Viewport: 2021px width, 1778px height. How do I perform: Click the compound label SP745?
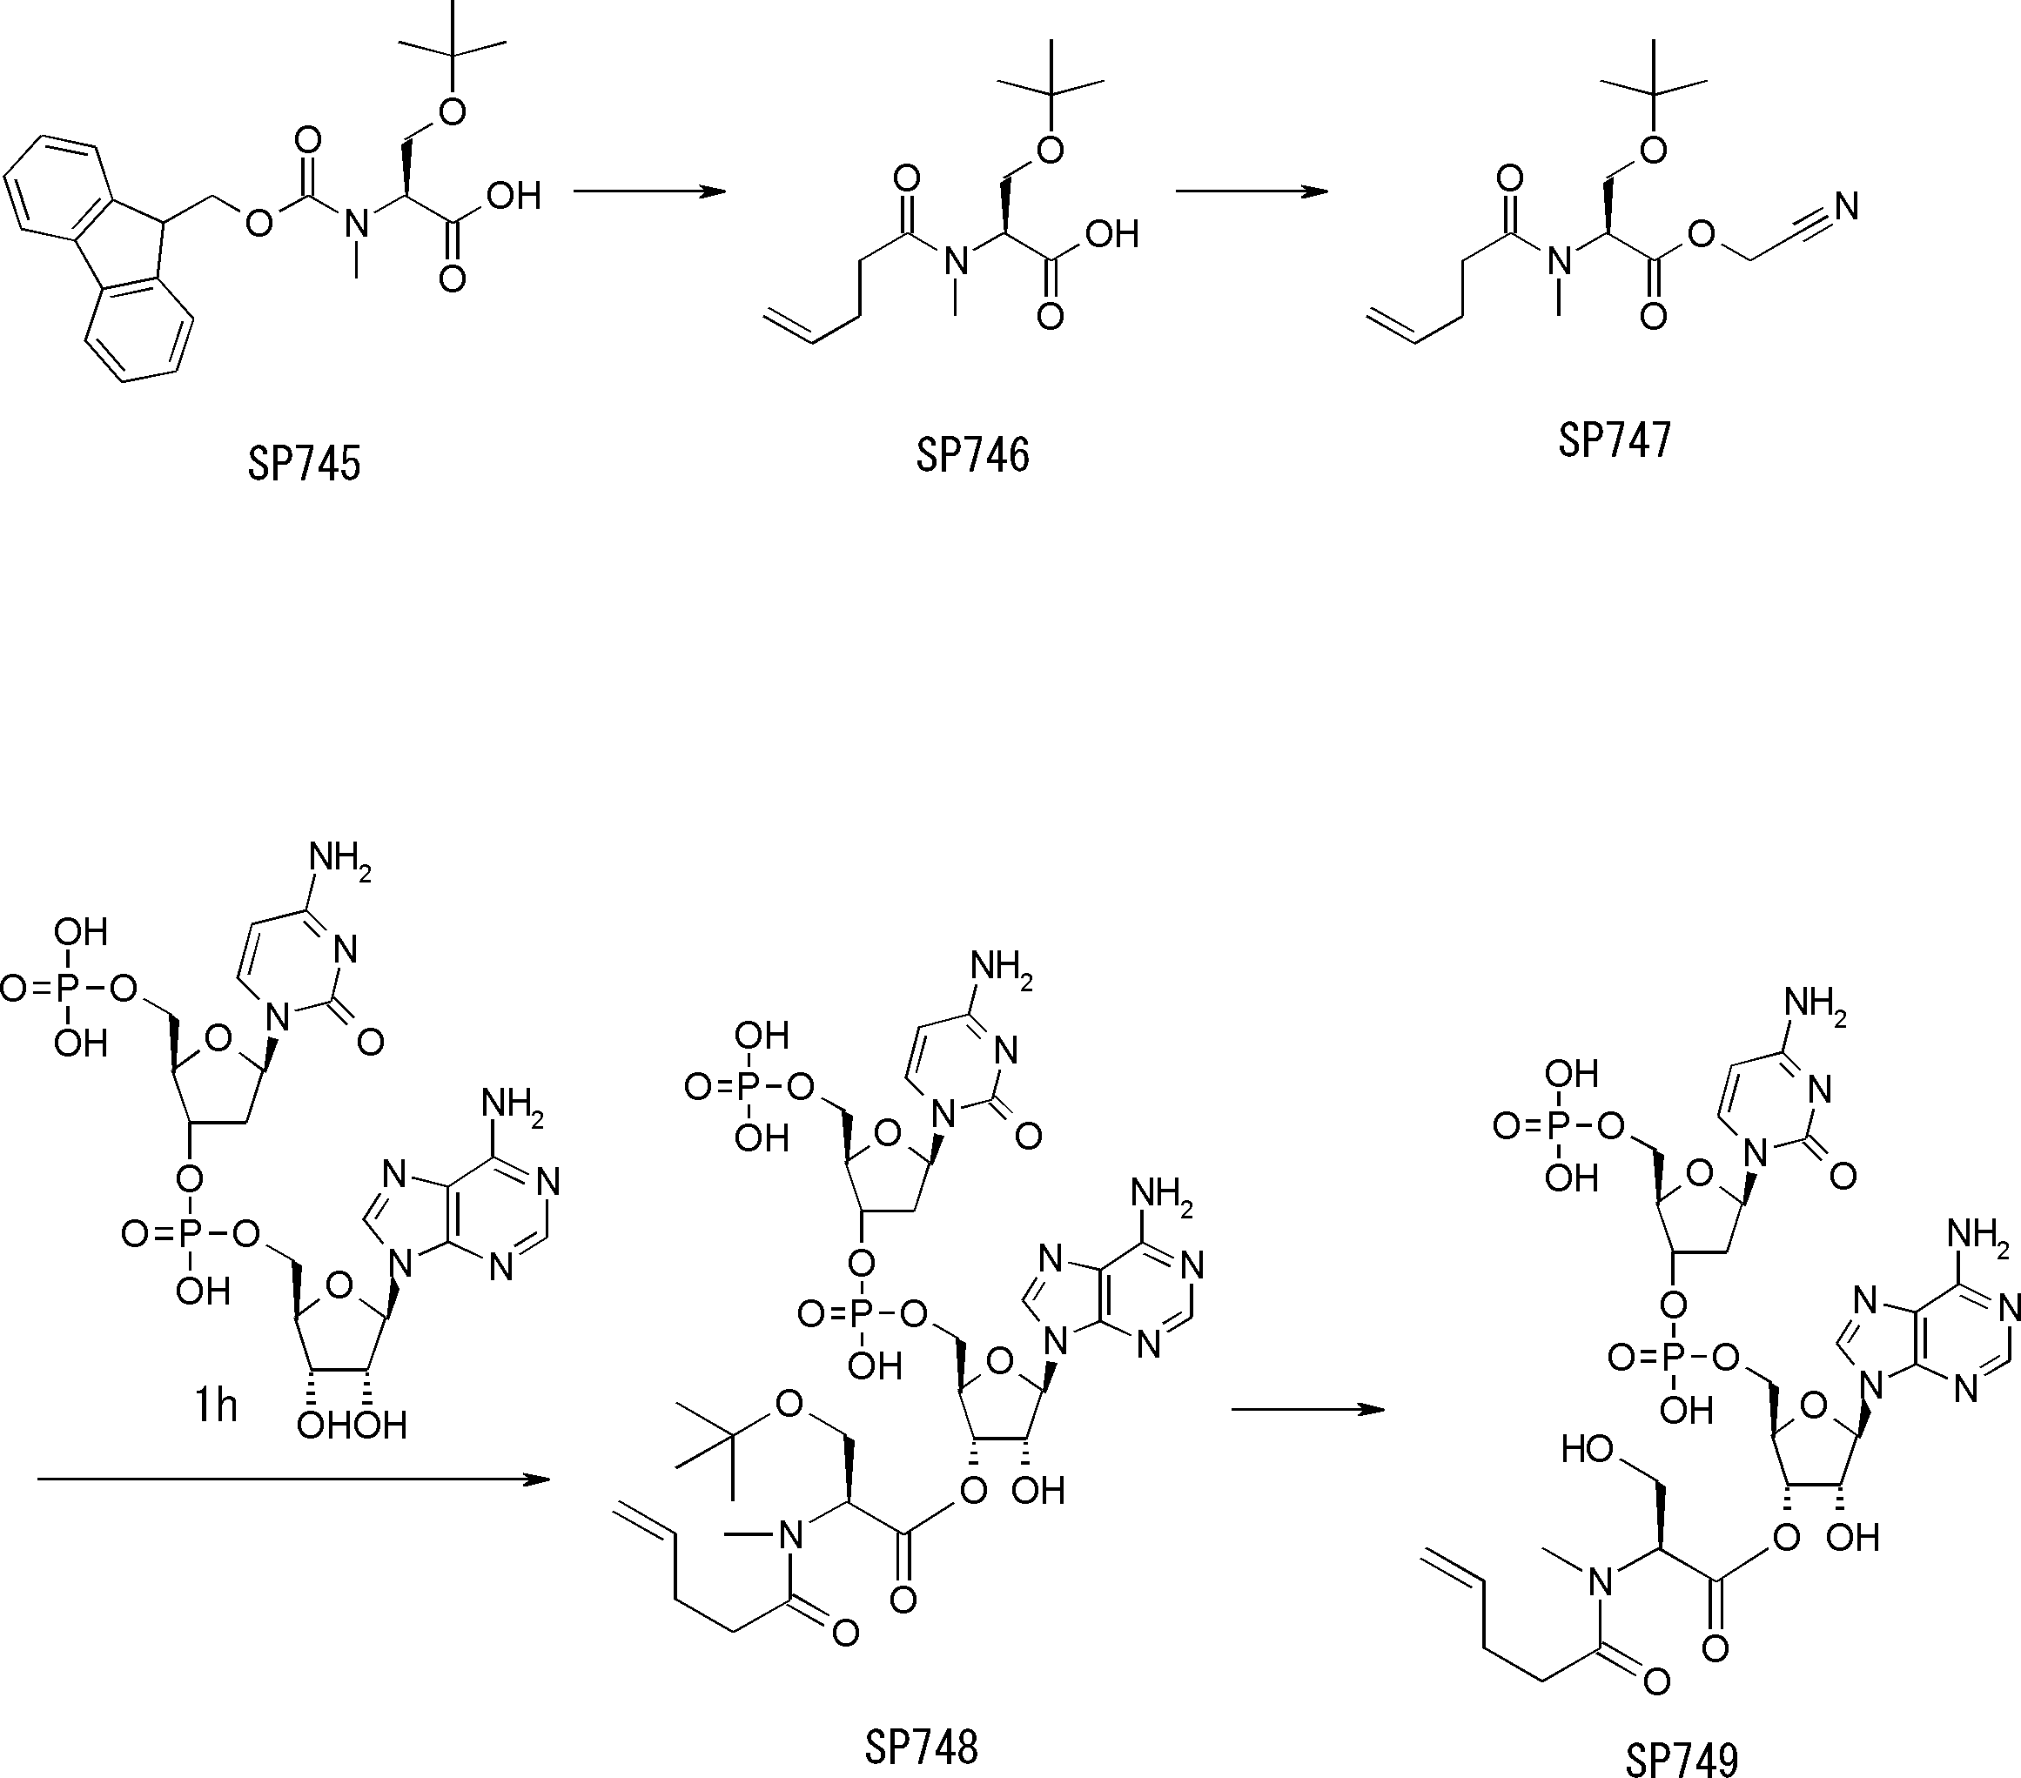[x=304, y=463]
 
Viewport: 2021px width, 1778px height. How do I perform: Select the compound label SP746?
[x=972, y=455]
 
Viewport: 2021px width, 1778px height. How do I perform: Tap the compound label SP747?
[x=1615, y=440]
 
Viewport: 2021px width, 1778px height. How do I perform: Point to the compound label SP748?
[x=922, y=1748]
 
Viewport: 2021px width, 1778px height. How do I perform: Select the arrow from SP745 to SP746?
[x=649, y=191]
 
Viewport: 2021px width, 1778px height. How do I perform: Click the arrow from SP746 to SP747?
[x=1252, y=191]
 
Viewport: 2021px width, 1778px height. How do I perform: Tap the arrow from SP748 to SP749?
[x=1308, y=1410]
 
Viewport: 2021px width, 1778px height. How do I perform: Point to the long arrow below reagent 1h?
[x=292, y=1479]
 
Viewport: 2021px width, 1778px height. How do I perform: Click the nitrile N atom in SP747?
[x=1846, y=206]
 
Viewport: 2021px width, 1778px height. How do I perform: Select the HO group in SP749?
[x=1588, y=1451]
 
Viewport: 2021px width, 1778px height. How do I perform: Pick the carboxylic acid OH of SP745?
[x=514, y=196]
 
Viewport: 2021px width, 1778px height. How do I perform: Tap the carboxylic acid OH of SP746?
[x=1112, y=234]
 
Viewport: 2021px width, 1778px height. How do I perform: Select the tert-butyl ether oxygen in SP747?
[x=1653, y=151]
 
